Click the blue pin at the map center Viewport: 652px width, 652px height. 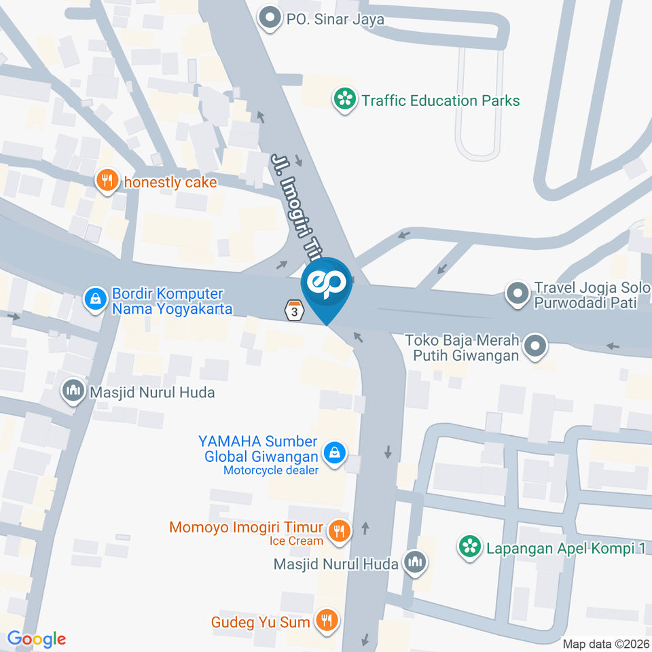click(327, 285)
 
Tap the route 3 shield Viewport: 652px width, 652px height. click(293, 310)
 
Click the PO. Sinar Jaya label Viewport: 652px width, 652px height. click(335, 19)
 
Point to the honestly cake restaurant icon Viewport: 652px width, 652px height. click(106, 181)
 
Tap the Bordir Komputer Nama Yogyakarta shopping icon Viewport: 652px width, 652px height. click(95, 297)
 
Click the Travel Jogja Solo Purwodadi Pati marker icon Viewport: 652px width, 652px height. click(518, 294)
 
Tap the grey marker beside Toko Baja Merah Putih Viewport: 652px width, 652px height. click(535, 346)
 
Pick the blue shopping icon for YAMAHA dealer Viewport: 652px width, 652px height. click(333, 453)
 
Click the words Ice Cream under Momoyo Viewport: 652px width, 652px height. click(296, 541)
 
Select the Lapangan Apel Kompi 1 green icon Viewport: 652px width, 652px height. click(468, 547)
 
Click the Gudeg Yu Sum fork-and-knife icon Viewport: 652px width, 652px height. click(328, 620)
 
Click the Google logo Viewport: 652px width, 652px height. click(37, 638)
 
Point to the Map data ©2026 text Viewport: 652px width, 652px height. click(605, 644)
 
